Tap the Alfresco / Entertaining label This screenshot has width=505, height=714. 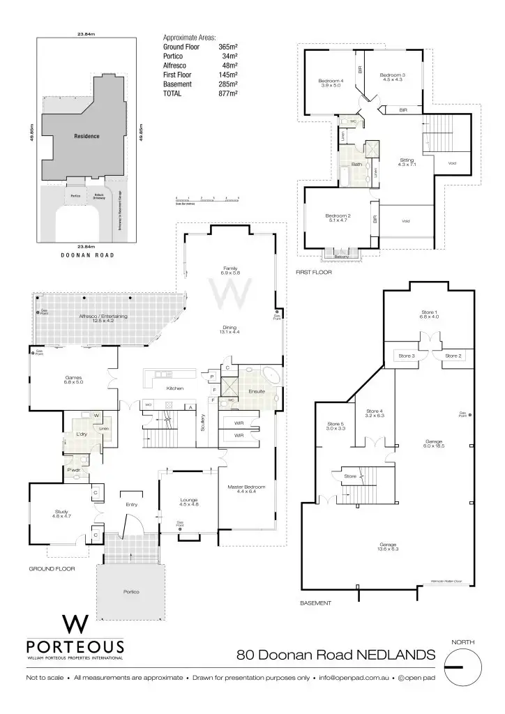tap(105, 317)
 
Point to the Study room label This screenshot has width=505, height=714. tap(61, 512)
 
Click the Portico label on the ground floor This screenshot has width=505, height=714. tap(131, 592)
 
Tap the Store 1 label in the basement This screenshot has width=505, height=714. tap(428, 312)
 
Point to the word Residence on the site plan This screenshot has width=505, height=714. tap(86, 137)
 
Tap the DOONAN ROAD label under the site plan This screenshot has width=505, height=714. tap(86, 255)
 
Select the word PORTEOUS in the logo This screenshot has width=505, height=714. tap(75, 647)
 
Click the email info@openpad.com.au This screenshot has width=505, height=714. tap(355, 678)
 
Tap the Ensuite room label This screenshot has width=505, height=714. tap(257, 392)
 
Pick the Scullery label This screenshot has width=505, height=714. tap(202, 424)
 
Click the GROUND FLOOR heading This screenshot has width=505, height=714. tap(52, 569)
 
